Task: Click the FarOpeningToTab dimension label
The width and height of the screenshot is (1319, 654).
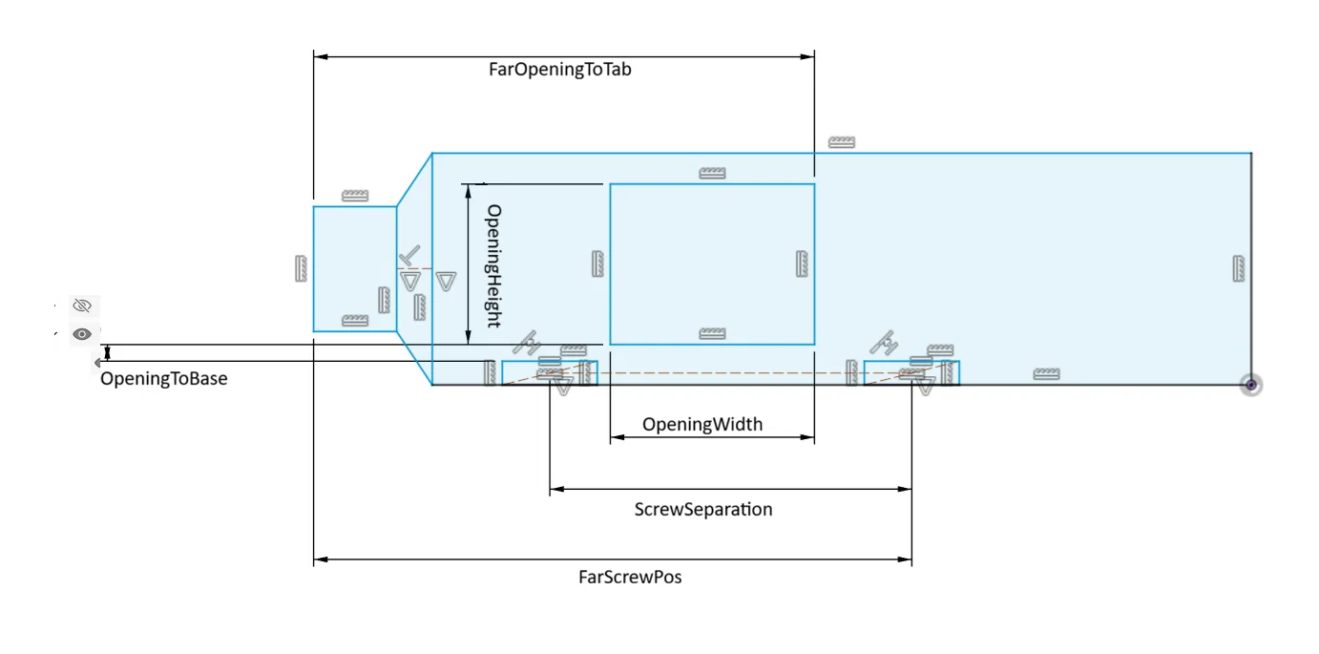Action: pos(559,70)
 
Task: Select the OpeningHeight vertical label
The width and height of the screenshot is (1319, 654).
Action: pos(493,265)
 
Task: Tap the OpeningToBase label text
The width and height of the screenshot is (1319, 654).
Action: pos(164,378)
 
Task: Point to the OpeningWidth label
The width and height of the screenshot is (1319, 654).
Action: pos(701,424)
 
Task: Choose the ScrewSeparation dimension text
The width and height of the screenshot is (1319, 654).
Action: pos(703,509)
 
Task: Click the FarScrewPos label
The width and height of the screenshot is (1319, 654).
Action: pos(630,577)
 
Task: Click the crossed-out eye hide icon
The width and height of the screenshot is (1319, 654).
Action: pos(82,306)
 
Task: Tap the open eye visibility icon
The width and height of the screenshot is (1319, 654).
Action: pos(82,334)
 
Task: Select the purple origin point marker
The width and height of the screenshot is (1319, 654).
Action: pos(1250,385)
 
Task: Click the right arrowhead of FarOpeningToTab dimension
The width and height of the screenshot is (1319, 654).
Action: pos(807,56)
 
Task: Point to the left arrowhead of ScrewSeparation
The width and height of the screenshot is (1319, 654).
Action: pos(557,489)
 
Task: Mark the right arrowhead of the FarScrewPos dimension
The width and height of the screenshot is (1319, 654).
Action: pos(905,559)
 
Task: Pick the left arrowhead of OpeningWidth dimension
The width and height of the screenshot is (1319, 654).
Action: pos(618,437)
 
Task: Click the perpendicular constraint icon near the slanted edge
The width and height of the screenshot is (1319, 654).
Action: pos(409,256)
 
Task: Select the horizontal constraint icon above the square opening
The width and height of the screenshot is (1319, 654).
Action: pos(713,173)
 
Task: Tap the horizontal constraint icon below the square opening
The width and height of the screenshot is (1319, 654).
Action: pos(713,333)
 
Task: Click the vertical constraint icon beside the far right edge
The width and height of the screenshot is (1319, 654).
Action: pos(1238,268)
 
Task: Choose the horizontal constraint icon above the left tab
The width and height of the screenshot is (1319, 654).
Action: pos(355,195)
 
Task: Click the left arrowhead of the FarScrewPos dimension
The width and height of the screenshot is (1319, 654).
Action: pos(321,559)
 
